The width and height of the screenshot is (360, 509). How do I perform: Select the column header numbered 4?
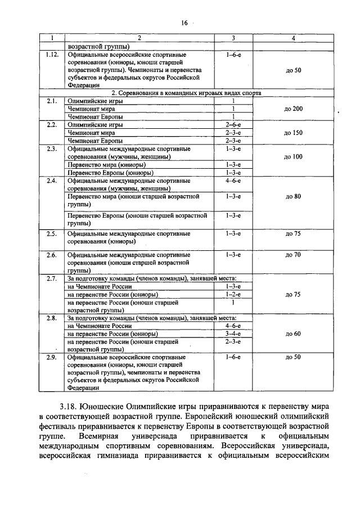point(293,38)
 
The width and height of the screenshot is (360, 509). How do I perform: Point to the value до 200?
point(293,108)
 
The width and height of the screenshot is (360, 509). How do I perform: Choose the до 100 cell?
point(293,157)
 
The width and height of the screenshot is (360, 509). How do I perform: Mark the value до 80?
point(293,197)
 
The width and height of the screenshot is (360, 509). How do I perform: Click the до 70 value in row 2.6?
point(293,255)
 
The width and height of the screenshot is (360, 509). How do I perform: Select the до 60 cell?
point(293,334)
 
